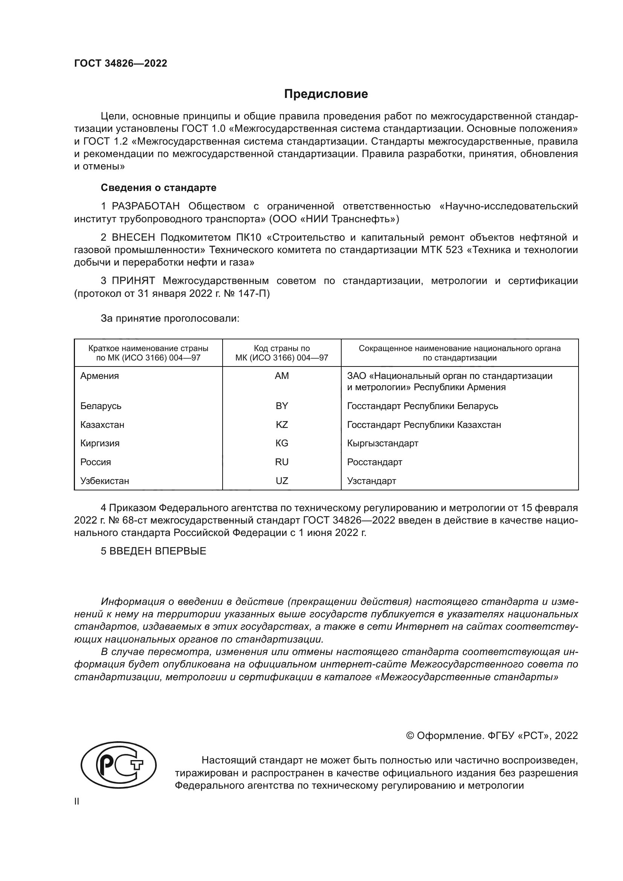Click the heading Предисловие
(326, 94)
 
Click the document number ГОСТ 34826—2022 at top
(121, 63)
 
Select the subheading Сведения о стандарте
(159, 188)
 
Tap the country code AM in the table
(282, 376)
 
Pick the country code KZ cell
(282, 425)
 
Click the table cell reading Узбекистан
(105, 481)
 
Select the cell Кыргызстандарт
(382, 444)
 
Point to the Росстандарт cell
(374, 462)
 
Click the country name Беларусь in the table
(101, 406)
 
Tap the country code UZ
(282, 481)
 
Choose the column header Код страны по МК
(282, 353)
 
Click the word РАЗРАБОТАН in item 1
(146, 206)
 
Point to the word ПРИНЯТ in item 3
(133, 281)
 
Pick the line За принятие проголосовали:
(170, 319)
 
